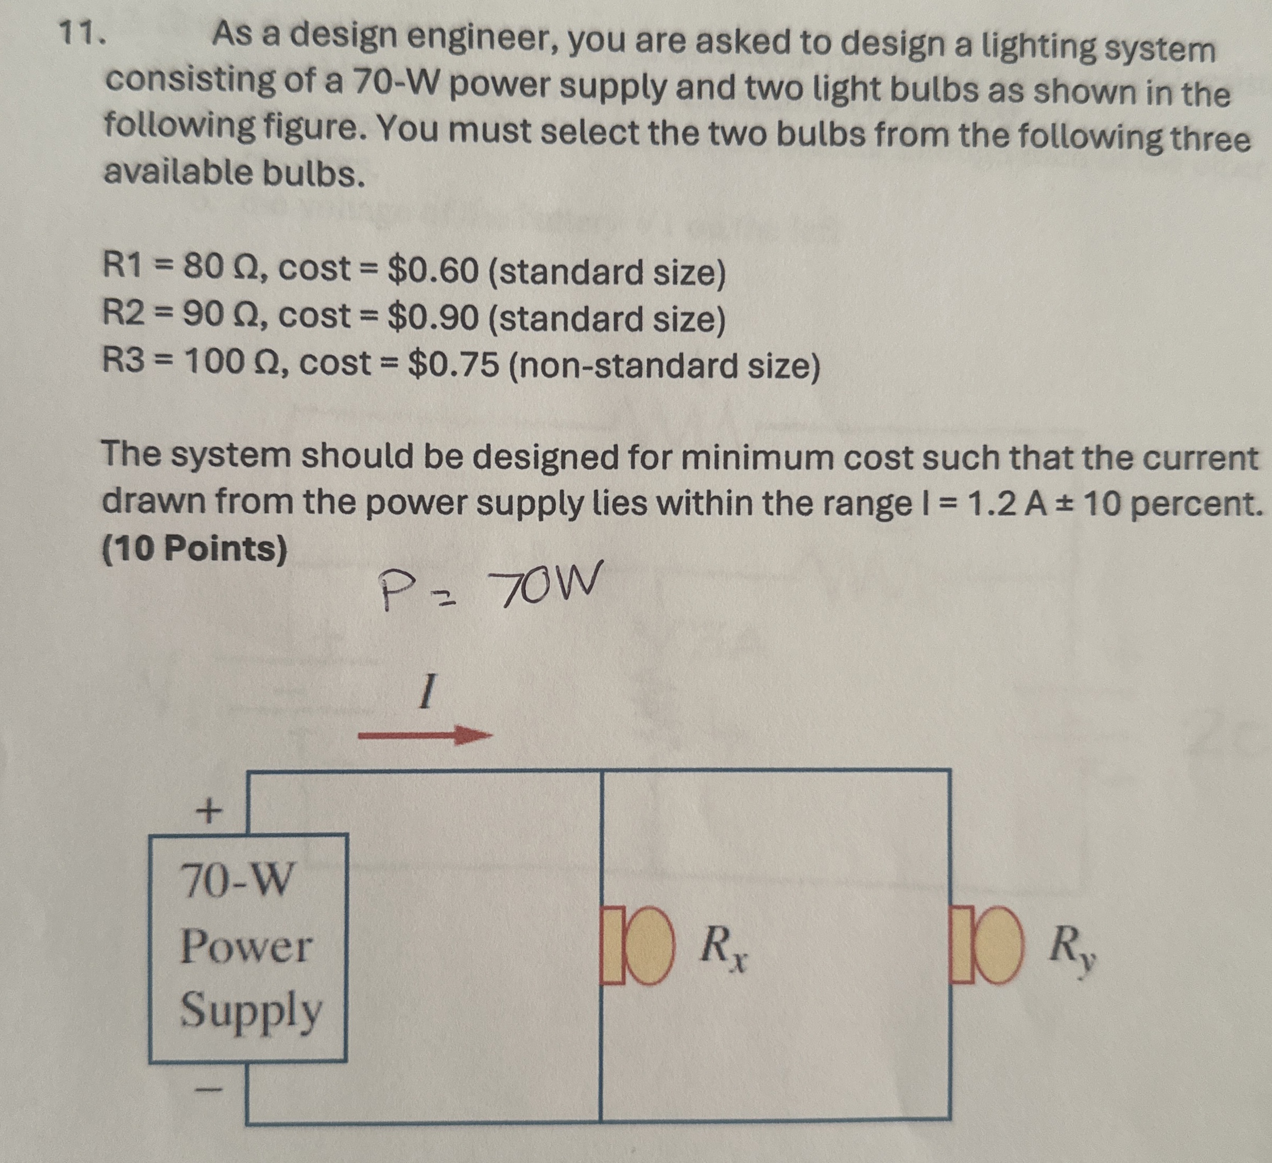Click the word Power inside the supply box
[246, 947]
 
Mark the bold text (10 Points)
[194, 548]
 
